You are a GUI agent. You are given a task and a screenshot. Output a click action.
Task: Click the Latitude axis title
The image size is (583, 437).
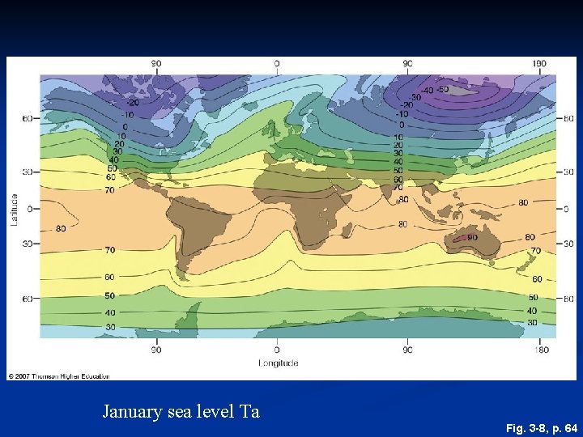pos(14,209)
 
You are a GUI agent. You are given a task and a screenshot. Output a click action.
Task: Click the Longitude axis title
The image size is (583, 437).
pos(278,363)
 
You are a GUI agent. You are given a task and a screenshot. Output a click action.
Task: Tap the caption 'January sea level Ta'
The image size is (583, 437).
pos(181,411)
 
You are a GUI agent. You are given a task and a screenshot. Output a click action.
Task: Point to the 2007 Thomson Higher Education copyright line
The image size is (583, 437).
pos(58,376)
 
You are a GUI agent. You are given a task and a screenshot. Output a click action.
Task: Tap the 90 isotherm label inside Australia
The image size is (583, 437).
pos(472,238)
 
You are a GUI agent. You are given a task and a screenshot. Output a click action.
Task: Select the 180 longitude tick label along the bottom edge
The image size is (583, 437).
pos(542,350)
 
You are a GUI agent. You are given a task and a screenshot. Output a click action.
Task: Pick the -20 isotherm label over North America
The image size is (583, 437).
pos(131,103)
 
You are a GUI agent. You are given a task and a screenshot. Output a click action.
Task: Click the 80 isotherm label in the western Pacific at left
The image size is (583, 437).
pos(61,229)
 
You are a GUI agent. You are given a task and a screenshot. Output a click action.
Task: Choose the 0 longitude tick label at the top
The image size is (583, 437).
pos(277,63)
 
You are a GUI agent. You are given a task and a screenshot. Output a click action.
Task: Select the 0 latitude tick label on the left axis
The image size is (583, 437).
pos(28,209)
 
